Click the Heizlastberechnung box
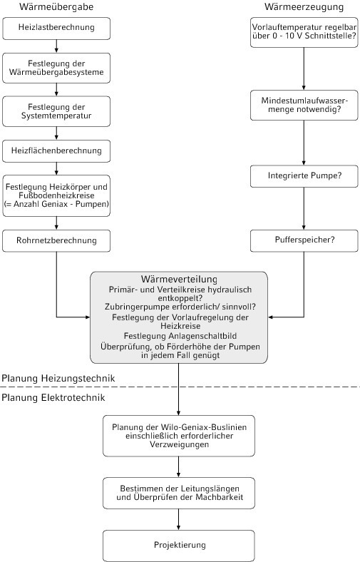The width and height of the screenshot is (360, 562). click(56, 29)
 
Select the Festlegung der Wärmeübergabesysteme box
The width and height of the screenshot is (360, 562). click(56, 68)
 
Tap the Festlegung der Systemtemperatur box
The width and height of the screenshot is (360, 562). click(56, 111)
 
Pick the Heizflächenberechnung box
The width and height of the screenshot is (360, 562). click(56, 151)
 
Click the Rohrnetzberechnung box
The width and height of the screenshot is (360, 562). click(56, 240)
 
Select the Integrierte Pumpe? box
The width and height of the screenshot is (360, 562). click(304, 176)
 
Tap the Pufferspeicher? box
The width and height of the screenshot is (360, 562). click(304, 240)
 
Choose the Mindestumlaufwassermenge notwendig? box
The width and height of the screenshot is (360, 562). click(304, 105)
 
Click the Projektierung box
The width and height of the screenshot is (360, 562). click(179, 546)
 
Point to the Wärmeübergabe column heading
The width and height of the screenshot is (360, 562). click(56, 7)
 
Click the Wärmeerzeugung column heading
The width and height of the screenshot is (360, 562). click(304, 7)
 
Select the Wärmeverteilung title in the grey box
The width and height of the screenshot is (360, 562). click(179, 279)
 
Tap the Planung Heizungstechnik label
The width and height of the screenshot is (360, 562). click(58, 379)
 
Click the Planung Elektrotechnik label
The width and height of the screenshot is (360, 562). click(53, 397)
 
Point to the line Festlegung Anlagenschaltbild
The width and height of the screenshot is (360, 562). click(180, 336)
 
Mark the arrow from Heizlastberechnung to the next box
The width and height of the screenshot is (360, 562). click(56, 46)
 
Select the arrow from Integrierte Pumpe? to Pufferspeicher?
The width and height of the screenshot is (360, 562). click(304, 208)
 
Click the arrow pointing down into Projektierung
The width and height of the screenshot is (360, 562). click(179, 520)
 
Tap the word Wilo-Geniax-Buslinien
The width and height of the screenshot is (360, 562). click(203, 427)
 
